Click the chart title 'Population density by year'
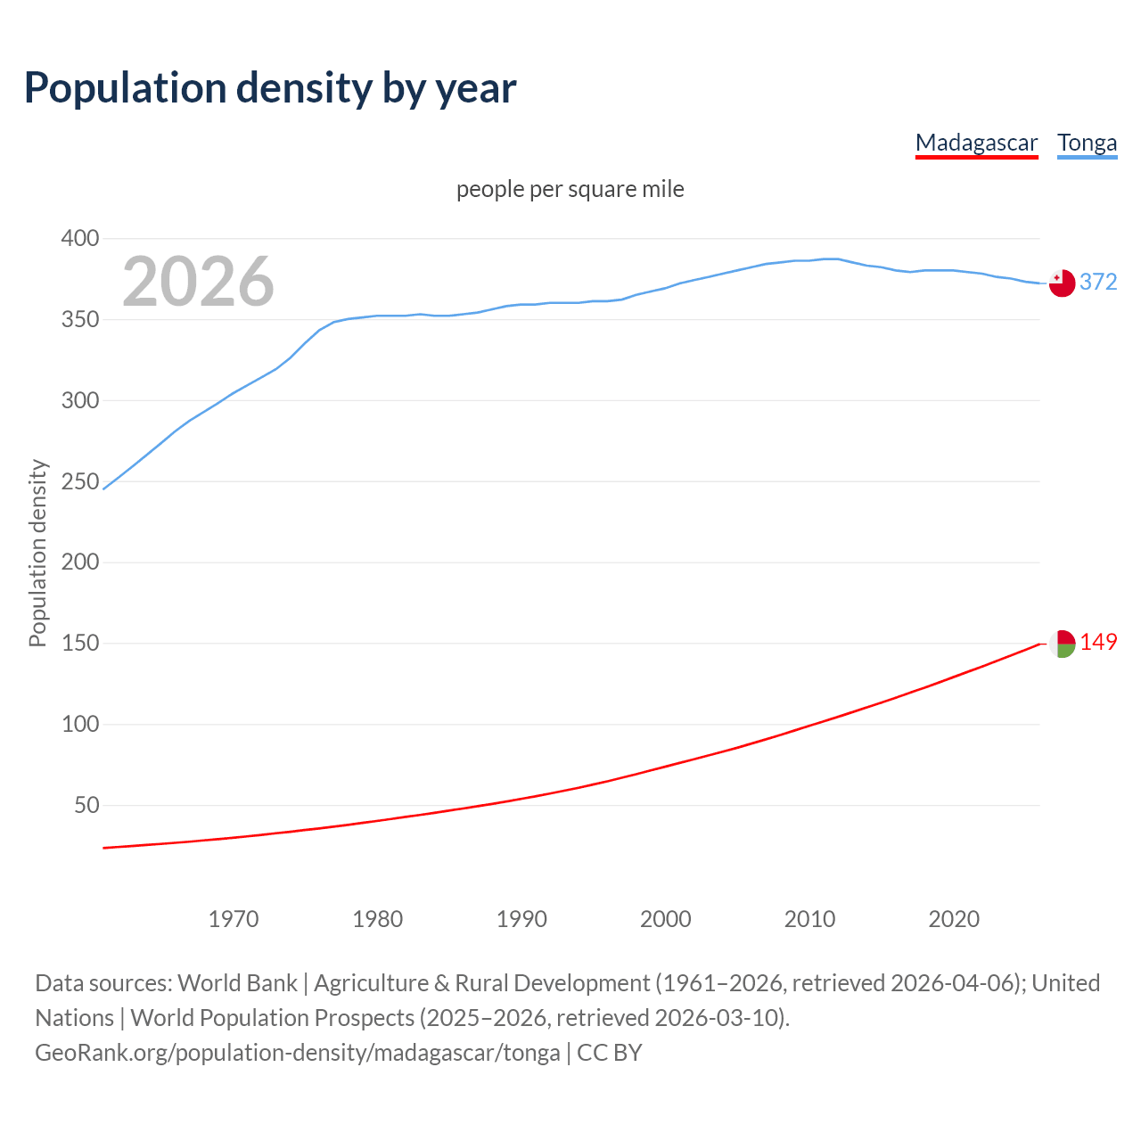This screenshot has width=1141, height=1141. (x=270, y=87)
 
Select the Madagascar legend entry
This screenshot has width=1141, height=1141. (x=976, y=143)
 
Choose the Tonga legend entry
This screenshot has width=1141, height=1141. (x=1087, y=143)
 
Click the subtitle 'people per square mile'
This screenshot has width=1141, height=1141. (x=570, y=189)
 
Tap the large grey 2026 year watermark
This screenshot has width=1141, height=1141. (x=198, y=282)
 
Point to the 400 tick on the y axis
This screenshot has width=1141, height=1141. (x=79, y=238)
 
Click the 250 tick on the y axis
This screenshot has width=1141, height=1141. (x=79, y=481)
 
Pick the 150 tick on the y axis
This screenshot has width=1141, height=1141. (x=79, y=643)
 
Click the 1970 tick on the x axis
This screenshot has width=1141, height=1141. (x=234, y=919)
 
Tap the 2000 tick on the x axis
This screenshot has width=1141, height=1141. (x=665, y=919)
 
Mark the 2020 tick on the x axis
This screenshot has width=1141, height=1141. (x=954, y=919)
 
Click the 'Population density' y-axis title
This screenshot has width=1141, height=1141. (x=37, y=553)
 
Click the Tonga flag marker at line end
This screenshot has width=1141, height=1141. (x=1062, y=283)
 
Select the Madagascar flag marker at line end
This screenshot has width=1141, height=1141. (x=1062, y=644)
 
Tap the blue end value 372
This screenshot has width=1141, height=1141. (x=1098, y=282)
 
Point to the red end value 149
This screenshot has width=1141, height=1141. (x=1098, y=642)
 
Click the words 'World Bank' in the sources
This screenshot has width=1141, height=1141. (x=237, y=982)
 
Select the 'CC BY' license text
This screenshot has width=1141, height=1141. (x=610, y=1052)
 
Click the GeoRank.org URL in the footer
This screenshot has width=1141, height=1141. (x=298, y=1052)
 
